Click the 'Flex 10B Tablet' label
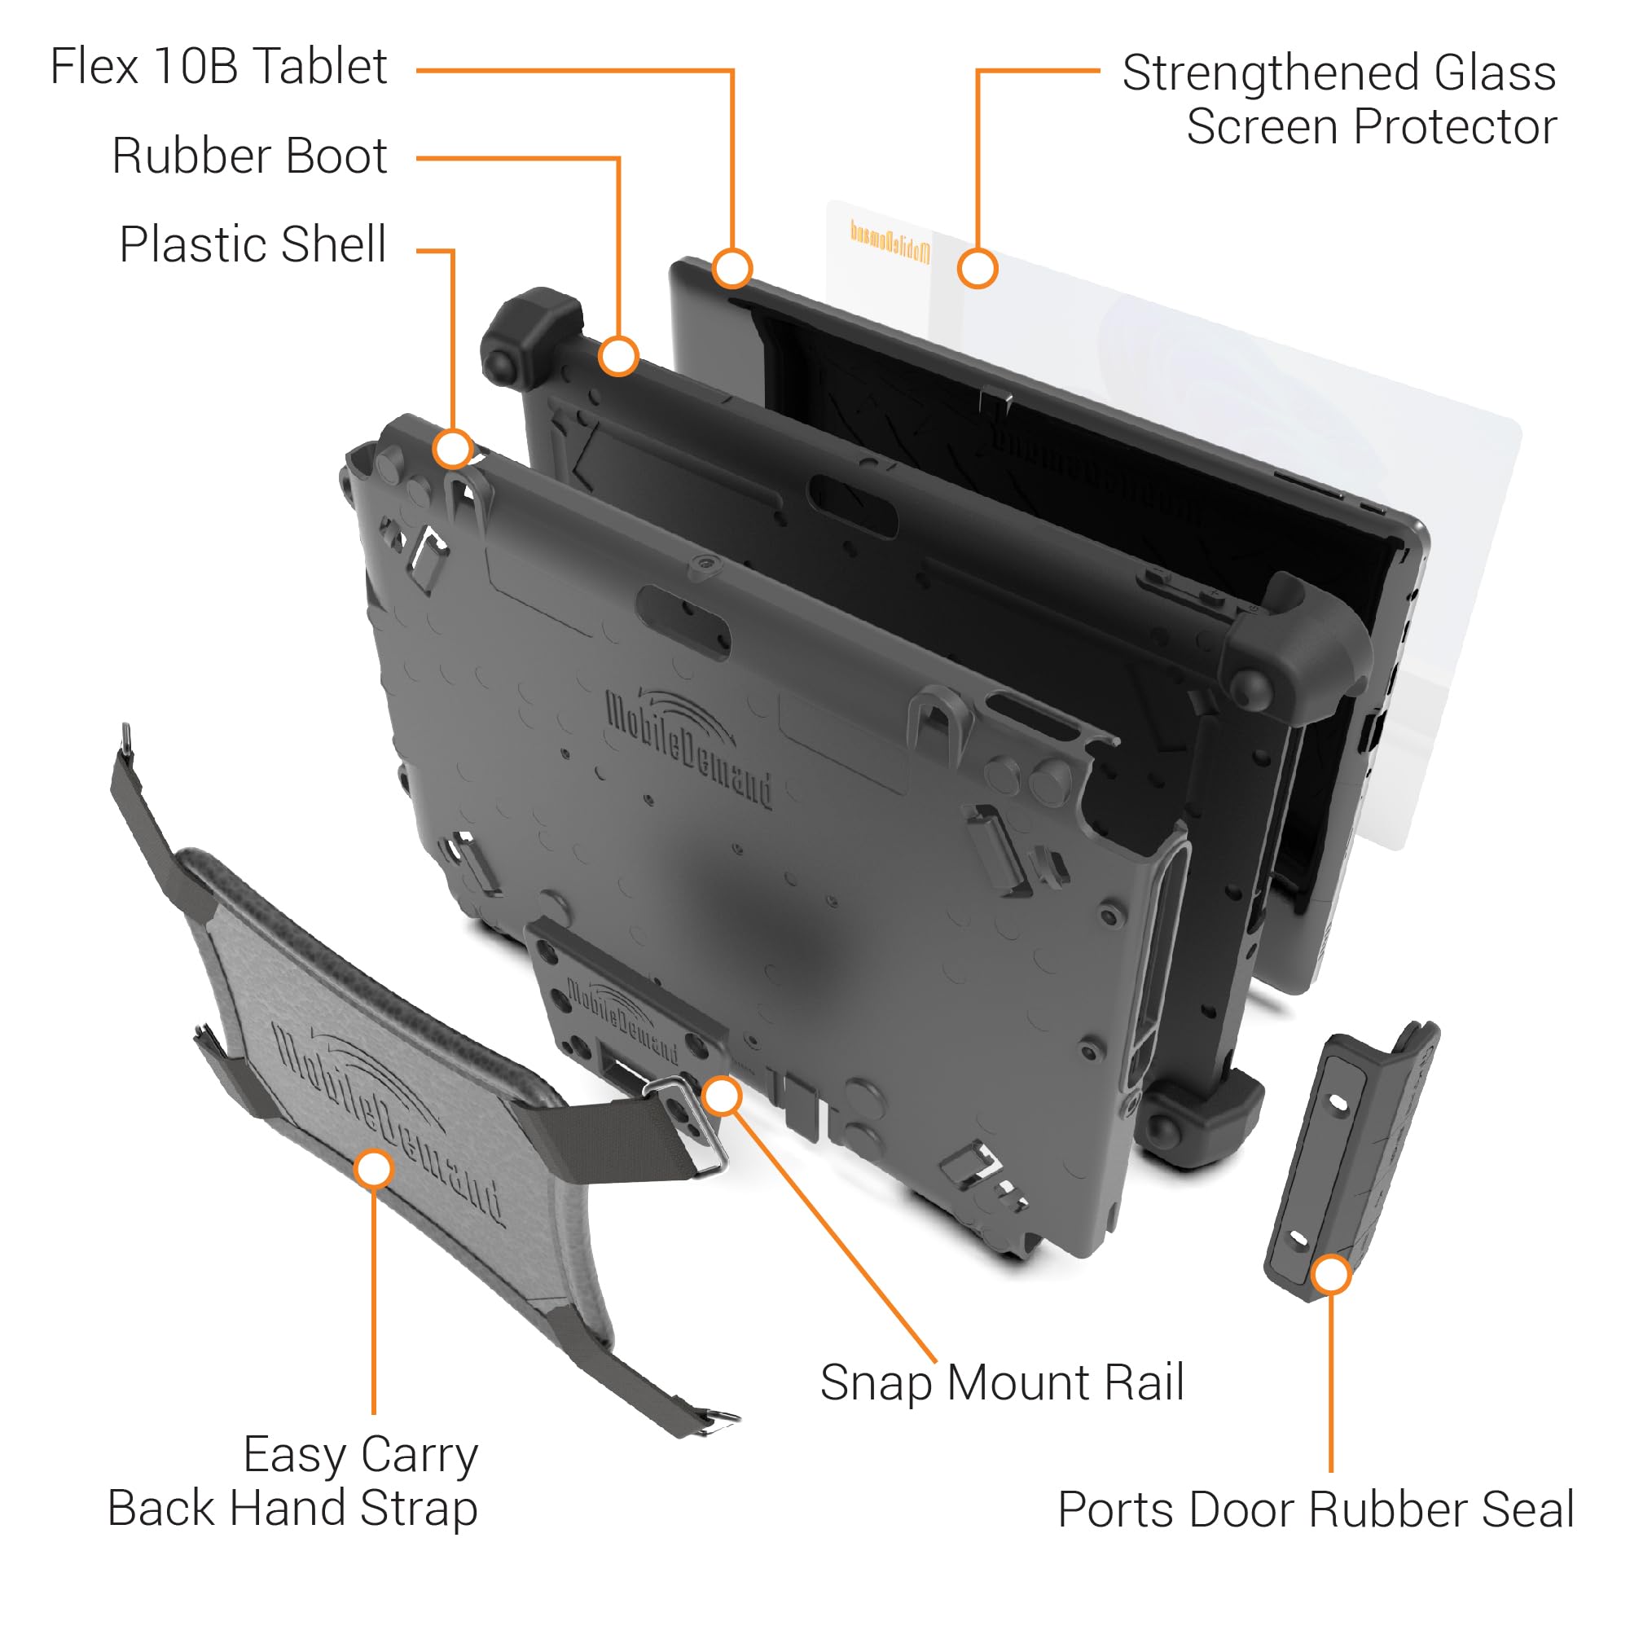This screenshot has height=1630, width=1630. pos(218,67)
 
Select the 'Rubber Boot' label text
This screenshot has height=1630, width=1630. pos(250,156)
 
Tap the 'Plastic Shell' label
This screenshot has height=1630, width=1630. pos(253,244)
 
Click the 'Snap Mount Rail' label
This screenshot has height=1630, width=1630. pos(1001,1383)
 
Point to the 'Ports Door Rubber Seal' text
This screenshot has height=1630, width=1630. pos(1316,1509)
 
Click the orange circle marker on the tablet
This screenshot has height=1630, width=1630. pos(732,268)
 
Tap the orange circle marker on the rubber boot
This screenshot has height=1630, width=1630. pos(618,356)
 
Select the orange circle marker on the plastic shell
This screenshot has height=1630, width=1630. pos(453,449)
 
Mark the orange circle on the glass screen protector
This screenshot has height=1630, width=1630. pos(977,269)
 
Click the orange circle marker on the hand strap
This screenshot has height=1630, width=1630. pos(374,1170)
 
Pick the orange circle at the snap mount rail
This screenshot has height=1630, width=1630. pos(723,1096)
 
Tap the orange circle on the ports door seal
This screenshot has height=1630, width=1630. pos(1330,1274)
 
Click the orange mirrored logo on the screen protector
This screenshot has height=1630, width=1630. pos(890,242)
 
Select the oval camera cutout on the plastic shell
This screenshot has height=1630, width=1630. pos(683,620)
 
